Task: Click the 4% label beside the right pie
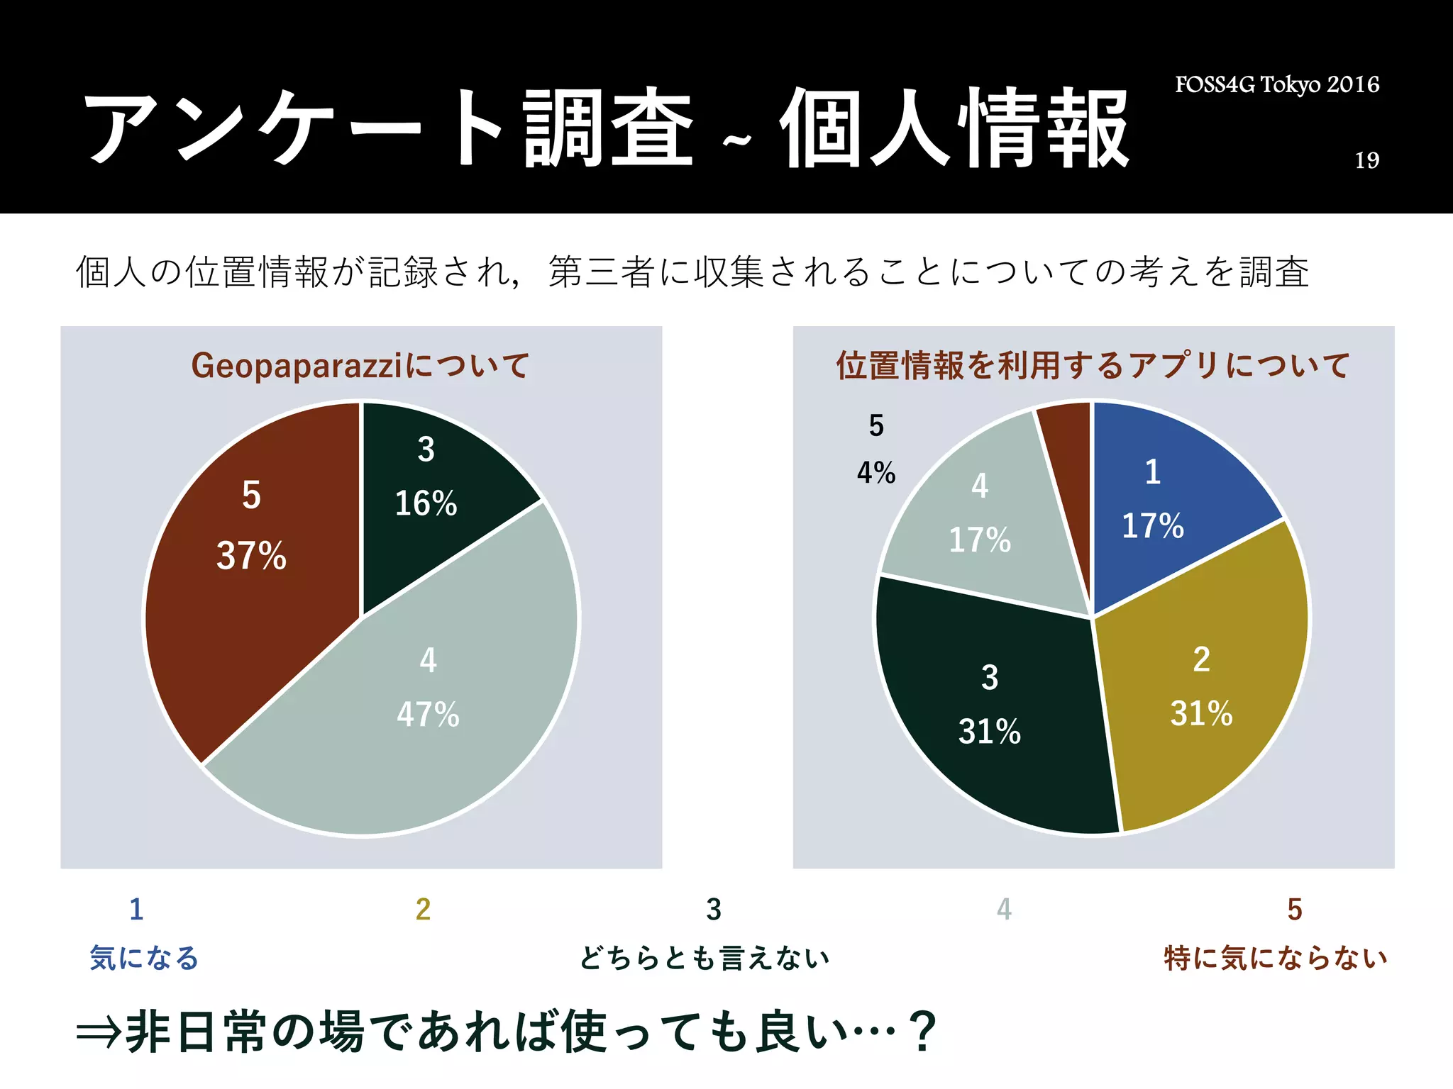(x=876, y=473)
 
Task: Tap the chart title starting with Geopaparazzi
(x=360, y=366)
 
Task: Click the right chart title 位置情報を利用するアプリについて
(x=1093, y=366)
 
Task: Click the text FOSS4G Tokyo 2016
(x=1277, y=85)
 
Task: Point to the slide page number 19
(x=1367, y=161)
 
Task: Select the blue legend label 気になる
(x=144, y=959)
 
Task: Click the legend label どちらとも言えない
(x=705, y=959)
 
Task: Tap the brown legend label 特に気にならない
(x=1276, y=959)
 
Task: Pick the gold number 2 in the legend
(x=423, y=910)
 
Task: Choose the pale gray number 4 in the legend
(x=1004, y=910)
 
